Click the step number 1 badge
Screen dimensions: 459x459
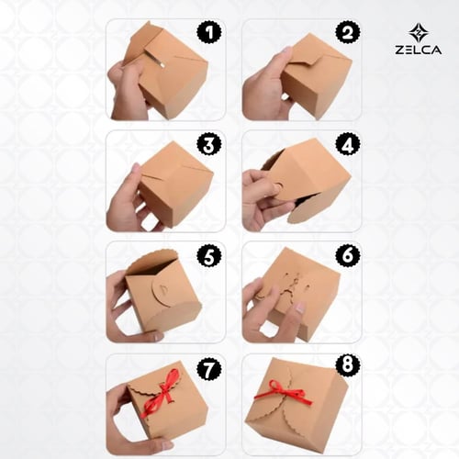pyautogui.click(x=209, y=32)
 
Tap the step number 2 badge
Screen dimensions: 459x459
pyautogui.click(x=348, y=33)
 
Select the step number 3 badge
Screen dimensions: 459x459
pyautogui.click(x=209, y=145)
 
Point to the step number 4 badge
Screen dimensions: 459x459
pyautogui.click(x=348, y=145)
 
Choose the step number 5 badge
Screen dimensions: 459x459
pyautogui.click(x=209, y=256)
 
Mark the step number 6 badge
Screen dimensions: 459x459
pyautogui.click(x=348, y=255)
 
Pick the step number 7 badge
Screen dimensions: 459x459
pyautogui.click(x=209, y=369)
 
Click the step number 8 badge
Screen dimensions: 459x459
pyautogui.click(x=348, y=364)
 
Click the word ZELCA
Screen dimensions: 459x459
pyautogui.click(x=418, y=50)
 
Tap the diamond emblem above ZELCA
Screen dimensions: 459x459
pyautogui.click(x=418, y=33)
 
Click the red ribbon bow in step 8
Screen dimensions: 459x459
pyautogui.click(x=283, y=394)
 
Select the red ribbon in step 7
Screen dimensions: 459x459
pyautogui.click(x=162, y=393)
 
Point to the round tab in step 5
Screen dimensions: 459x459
pyautogui.click(x=161, y=292)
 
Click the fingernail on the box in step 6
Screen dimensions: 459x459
pyautogui.click(x=300, y=308)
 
